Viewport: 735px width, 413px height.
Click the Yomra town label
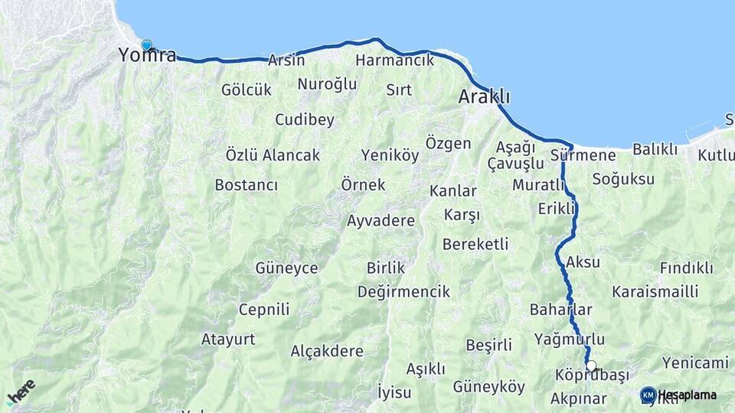[x=147, y=55]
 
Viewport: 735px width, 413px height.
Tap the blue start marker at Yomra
[x=146, y=45]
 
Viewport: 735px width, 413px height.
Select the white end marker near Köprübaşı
[x=591, y=366]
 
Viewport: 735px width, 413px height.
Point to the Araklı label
[x=484, y=97]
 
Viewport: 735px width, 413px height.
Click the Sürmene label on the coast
[x=583, y=155]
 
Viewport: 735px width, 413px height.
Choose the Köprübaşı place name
[x=589, y=375]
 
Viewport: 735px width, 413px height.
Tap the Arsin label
[x=286, y=60]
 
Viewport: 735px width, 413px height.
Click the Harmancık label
[x=395, y=60]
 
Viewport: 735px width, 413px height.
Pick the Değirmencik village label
[x=403, y=291]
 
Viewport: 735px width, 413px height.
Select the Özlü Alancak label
[x=273, y=154]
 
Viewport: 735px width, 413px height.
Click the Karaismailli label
[x=655, y=291]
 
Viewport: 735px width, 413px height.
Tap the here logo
[x=21, y=392]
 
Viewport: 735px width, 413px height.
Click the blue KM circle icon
[x=648, y=395]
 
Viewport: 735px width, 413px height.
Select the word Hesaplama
[x=688, y=395]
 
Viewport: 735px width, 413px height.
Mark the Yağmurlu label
[x=570, y=339]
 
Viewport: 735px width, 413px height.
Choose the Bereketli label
[x=475, y=244]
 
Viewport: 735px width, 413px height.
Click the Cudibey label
[x=305, y=119]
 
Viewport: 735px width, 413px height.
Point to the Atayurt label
[x=228, y=339]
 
